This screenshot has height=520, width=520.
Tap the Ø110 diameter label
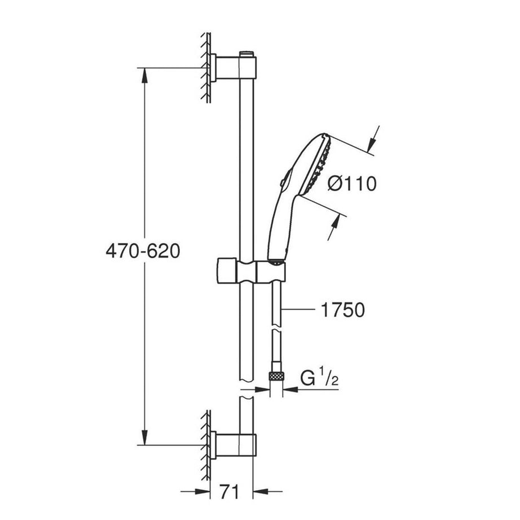[x=351, y=183]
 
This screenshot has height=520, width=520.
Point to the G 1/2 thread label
[x=319, y=377]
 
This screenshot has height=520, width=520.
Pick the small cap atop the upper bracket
[x=246, y=54]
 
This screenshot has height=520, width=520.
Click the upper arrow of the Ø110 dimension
[x=373, y=138]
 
